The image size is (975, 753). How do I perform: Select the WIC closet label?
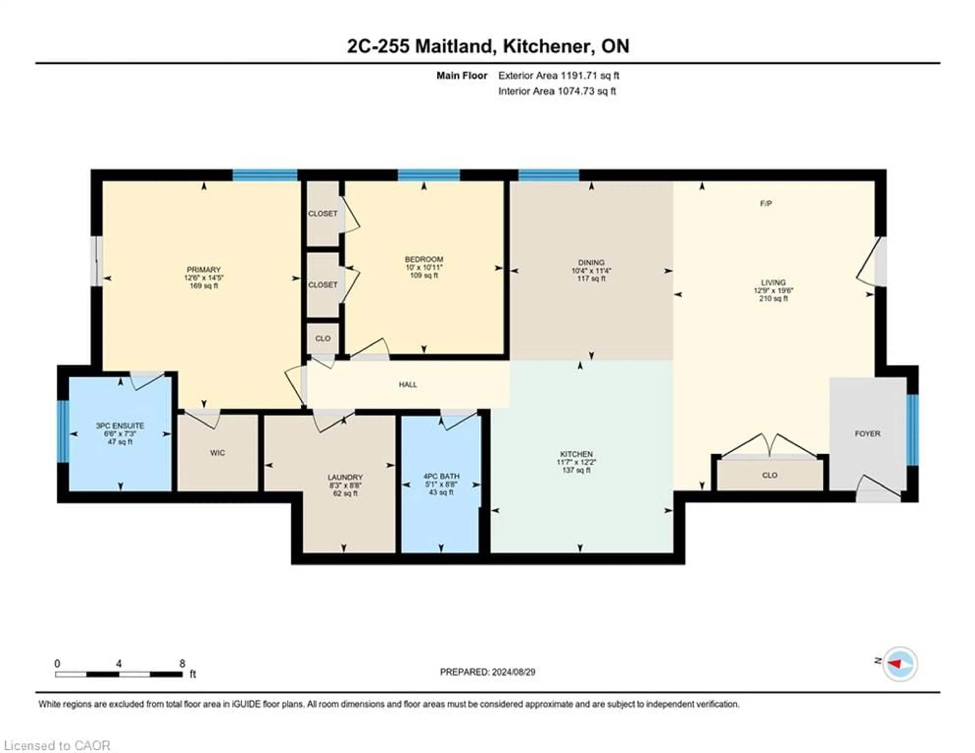pyautogui.click(x=217, y=453)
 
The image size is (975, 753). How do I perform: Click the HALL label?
pyautogui.click(x=408, y=385)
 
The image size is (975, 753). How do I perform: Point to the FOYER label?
pyautogui.click(x=867, y=434)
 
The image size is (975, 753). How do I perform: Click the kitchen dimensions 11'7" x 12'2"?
pyautogui.click(x=576, y=462)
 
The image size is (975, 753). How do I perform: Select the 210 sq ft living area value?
pyautogui.click(x=773, y=298)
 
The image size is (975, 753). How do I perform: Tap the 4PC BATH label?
pyautogui.click(x=441, y=476)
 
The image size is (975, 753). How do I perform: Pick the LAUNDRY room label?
pyautogui.click(x=345, y=477)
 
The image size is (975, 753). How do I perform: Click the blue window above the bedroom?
pyautogui.click(x=429, y=175)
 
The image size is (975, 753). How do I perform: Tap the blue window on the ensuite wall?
pyautogui.click(x=63, y=431)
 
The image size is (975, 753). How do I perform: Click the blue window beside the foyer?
pyautogui.click(x=913, y=430)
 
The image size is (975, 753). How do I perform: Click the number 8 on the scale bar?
pyautogui.click(x=182, y=664)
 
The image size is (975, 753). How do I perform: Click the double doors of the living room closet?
pyautogui.click(x=770, y=447)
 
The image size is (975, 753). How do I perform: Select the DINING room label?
pyautogui.click(x=591, y=263)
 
